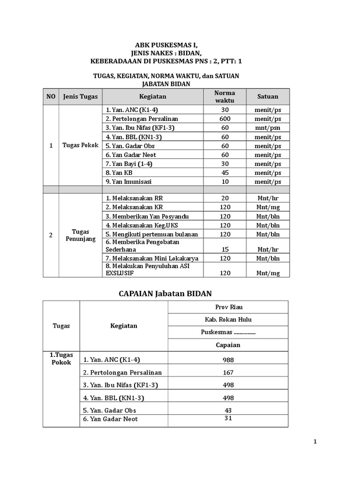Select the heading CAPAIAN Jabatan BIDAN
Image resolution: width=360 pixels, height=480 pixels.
pos(165,293)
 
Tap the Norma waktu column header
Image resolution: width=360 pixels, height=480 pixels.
pos(225,97)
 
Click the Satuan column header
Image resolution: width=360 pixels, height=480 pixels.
pos(268,97)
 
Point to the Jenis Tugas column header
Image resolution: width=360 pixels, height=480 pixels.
pos(80,97)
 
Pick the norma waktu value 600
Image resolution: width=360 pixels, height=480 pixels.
pos(225,119)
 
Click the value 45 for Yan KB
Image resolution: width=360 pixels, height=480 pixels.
pos(225,172)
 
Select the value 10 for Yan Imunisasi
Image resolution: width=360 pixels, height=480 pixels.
pos(225,181)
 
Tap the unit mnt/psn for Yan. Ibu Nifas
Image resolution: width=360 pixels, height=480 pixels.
pos(268,127)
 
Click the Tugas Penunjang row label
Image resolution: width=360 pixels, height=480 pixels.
pos(80,235)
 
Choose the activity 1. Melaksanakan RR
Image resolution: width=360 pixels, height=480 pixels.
pos(134,198)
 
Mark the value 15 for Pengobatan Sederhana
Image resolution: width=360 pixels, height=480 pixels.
pos(225,249)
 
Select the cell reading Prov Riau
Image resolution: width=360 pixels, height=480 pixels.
pos(228,307)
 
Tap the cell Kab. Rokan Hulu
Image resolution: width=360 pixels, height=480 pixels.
pos(228,320)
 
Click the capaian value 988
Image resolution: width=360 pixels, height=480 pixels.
pos(228,360)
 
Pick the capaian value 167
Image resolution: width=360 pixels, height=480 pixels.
pos(228,372)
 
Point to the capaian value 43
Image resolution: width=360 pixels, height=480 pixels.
pos(228,410)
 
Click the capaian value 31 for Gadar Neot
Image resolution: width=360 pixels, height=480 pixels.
pos(228,418)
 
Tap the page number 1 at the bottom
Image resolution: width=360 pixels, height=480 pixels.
pos(315,442)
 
